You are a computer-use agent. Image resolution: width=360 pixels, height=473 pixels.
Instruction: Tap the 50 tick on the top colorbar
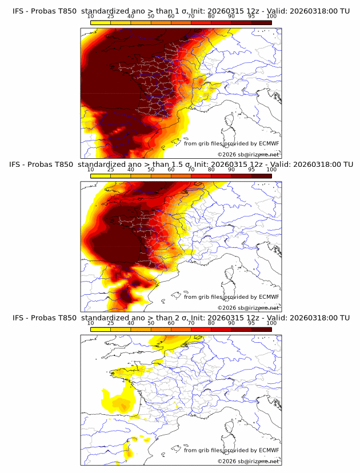[151, 17]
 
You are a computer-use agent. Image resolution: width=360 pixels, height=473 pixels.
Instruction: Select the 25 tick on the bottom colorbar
[111, 323]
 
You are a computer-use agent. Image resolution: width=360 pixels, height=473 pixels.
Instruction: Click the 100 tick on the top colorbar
[271, 17]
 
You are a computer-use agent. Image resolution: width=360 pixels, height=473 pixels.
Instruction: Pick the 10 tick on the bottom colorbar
[91, 323]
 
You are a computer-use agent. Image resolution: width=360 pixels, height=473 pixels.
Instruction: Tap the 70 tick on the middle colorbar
[191, 170]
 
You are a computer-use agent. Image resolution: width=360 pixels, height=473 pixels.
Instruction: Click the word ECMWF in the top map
[269, 144]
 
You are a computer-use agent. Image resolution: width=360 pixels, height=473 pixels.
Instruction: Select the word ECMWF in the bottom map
[269, 450]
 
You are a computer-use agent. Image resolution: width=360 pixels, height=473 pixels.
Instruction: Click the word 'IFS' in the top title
[19, 11]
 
